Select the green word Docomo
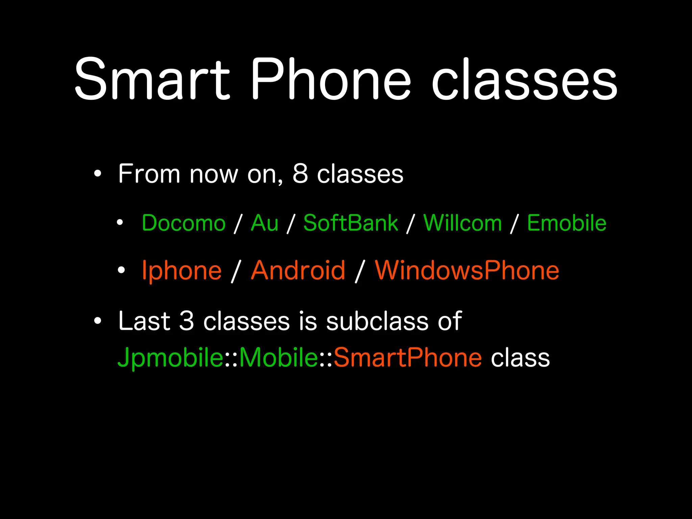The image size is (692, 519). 183,223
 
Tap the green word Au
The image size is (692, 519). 265,223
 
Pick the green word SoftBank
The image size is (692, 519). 351,223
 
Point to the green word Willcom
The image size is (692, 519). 463,223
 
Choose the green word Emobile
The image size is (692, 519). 567,223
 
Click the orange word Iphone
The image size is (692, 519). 182,271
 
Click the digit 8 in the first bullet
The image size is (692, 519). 300,174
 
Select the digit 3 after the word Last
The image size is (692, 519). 187,321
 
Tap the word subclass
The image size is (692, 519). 377,321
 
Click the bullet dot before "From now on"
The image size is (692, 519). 98,174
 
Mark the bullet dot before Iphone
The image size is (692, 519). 121,270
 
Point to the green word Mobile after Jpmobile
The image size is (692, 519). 278,357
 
